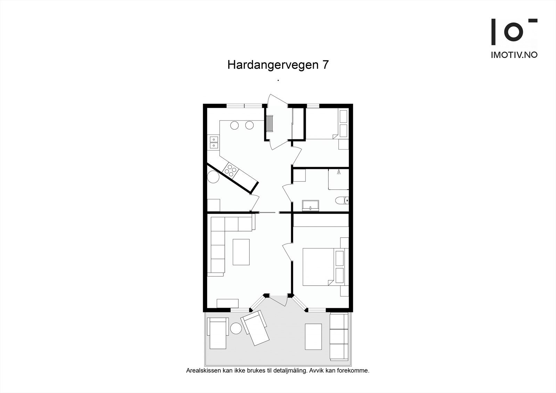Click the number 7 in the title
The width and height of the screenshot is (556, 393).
325,65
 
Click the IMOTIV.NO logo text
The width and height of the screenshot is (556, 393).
514,55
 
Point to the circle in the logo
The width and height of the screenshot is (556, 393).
514,32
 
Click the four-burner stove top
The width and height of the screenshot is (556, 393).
230,170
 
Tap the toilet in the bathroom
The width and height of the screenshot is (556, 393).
342,200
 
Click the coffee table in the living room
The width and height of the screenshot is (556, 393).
241,252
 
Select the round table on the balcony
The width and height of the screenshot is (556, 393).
236,328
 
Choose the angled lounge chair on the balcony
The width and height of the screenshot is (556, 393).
256,328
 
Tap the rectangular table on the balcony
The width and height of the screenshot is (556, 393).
313,336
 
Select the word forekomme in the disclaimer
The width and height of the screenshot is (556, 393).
355,370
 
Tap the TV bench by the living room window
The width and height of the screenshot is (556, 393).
228,303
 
